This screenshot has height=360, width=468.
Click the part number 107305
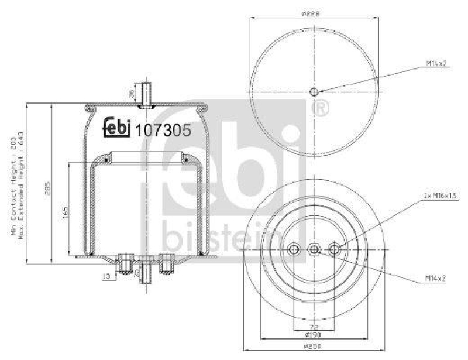coord(163,131)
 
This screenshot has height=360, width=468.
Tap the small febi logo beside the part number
coord(117,128)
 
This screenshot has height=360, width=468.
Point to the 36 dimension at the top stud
coord(132,92)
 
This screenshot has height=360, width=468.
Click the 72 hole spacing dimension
coord(314,327)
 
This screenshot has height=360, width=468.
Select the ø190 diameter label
coord(314,335)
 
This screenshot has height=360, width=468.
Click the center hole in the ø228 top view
coord(314,92)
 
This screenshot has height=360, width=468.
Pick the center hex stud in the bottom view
coord(314,250)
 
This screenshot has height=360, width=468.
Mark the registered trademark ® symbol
coord(321,108)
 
